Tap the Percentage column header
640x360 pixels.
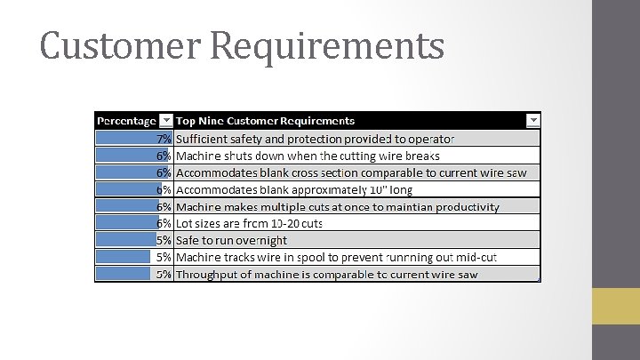coord(126,120)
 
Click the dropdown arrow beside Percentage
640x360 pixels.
coord(165,120)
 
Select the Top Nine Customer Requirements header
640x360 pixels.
coord(265,120)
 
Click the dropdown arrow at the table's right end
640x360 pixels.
coord(532,120)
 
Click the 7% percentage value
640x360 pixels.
coord(164,139)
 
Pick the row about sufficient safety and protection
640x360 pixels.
coord(315,139)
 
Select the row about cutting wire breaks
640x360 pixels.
coord(308,156)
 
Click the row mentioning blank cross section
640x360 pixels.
coord(351,172)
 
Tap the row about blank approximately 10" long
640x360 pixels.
coord(294,189)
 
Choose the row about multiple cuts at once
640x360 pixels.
coord(338,206)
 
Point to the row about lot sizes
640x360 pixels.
coord(249,223)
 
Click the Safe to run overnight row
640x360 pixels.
coord(231,240)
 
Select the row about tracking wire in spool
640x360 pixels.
coord(336,257)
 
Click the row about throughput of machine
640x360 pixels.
coord(326,274)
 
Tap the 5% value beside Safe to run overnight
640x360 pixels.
coord(164,240)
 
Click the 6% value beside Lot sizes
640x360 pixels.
coord(164,223)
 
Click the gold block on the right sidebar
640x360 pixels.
coord(616,306)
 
